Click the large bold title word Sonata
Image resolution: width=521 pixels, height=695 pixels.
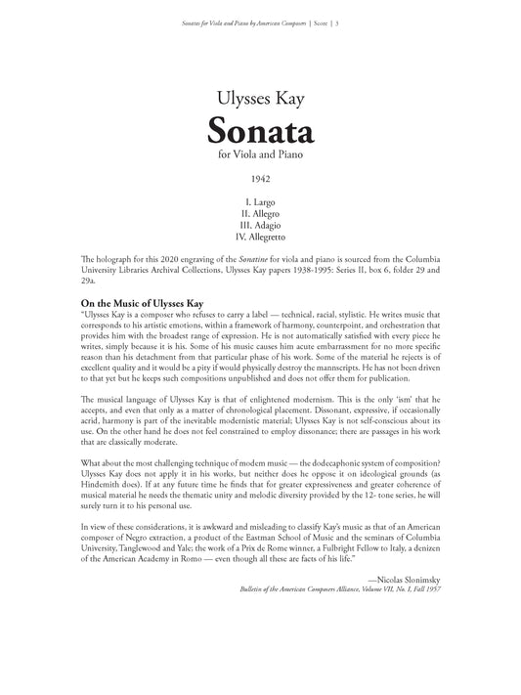[x=260, y=129]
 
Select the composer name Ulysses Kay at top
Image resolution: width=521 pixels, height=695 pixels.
[x=260, y=98]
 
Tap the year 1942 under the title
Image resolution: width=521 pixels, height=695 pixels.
[x=260, y=180]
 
